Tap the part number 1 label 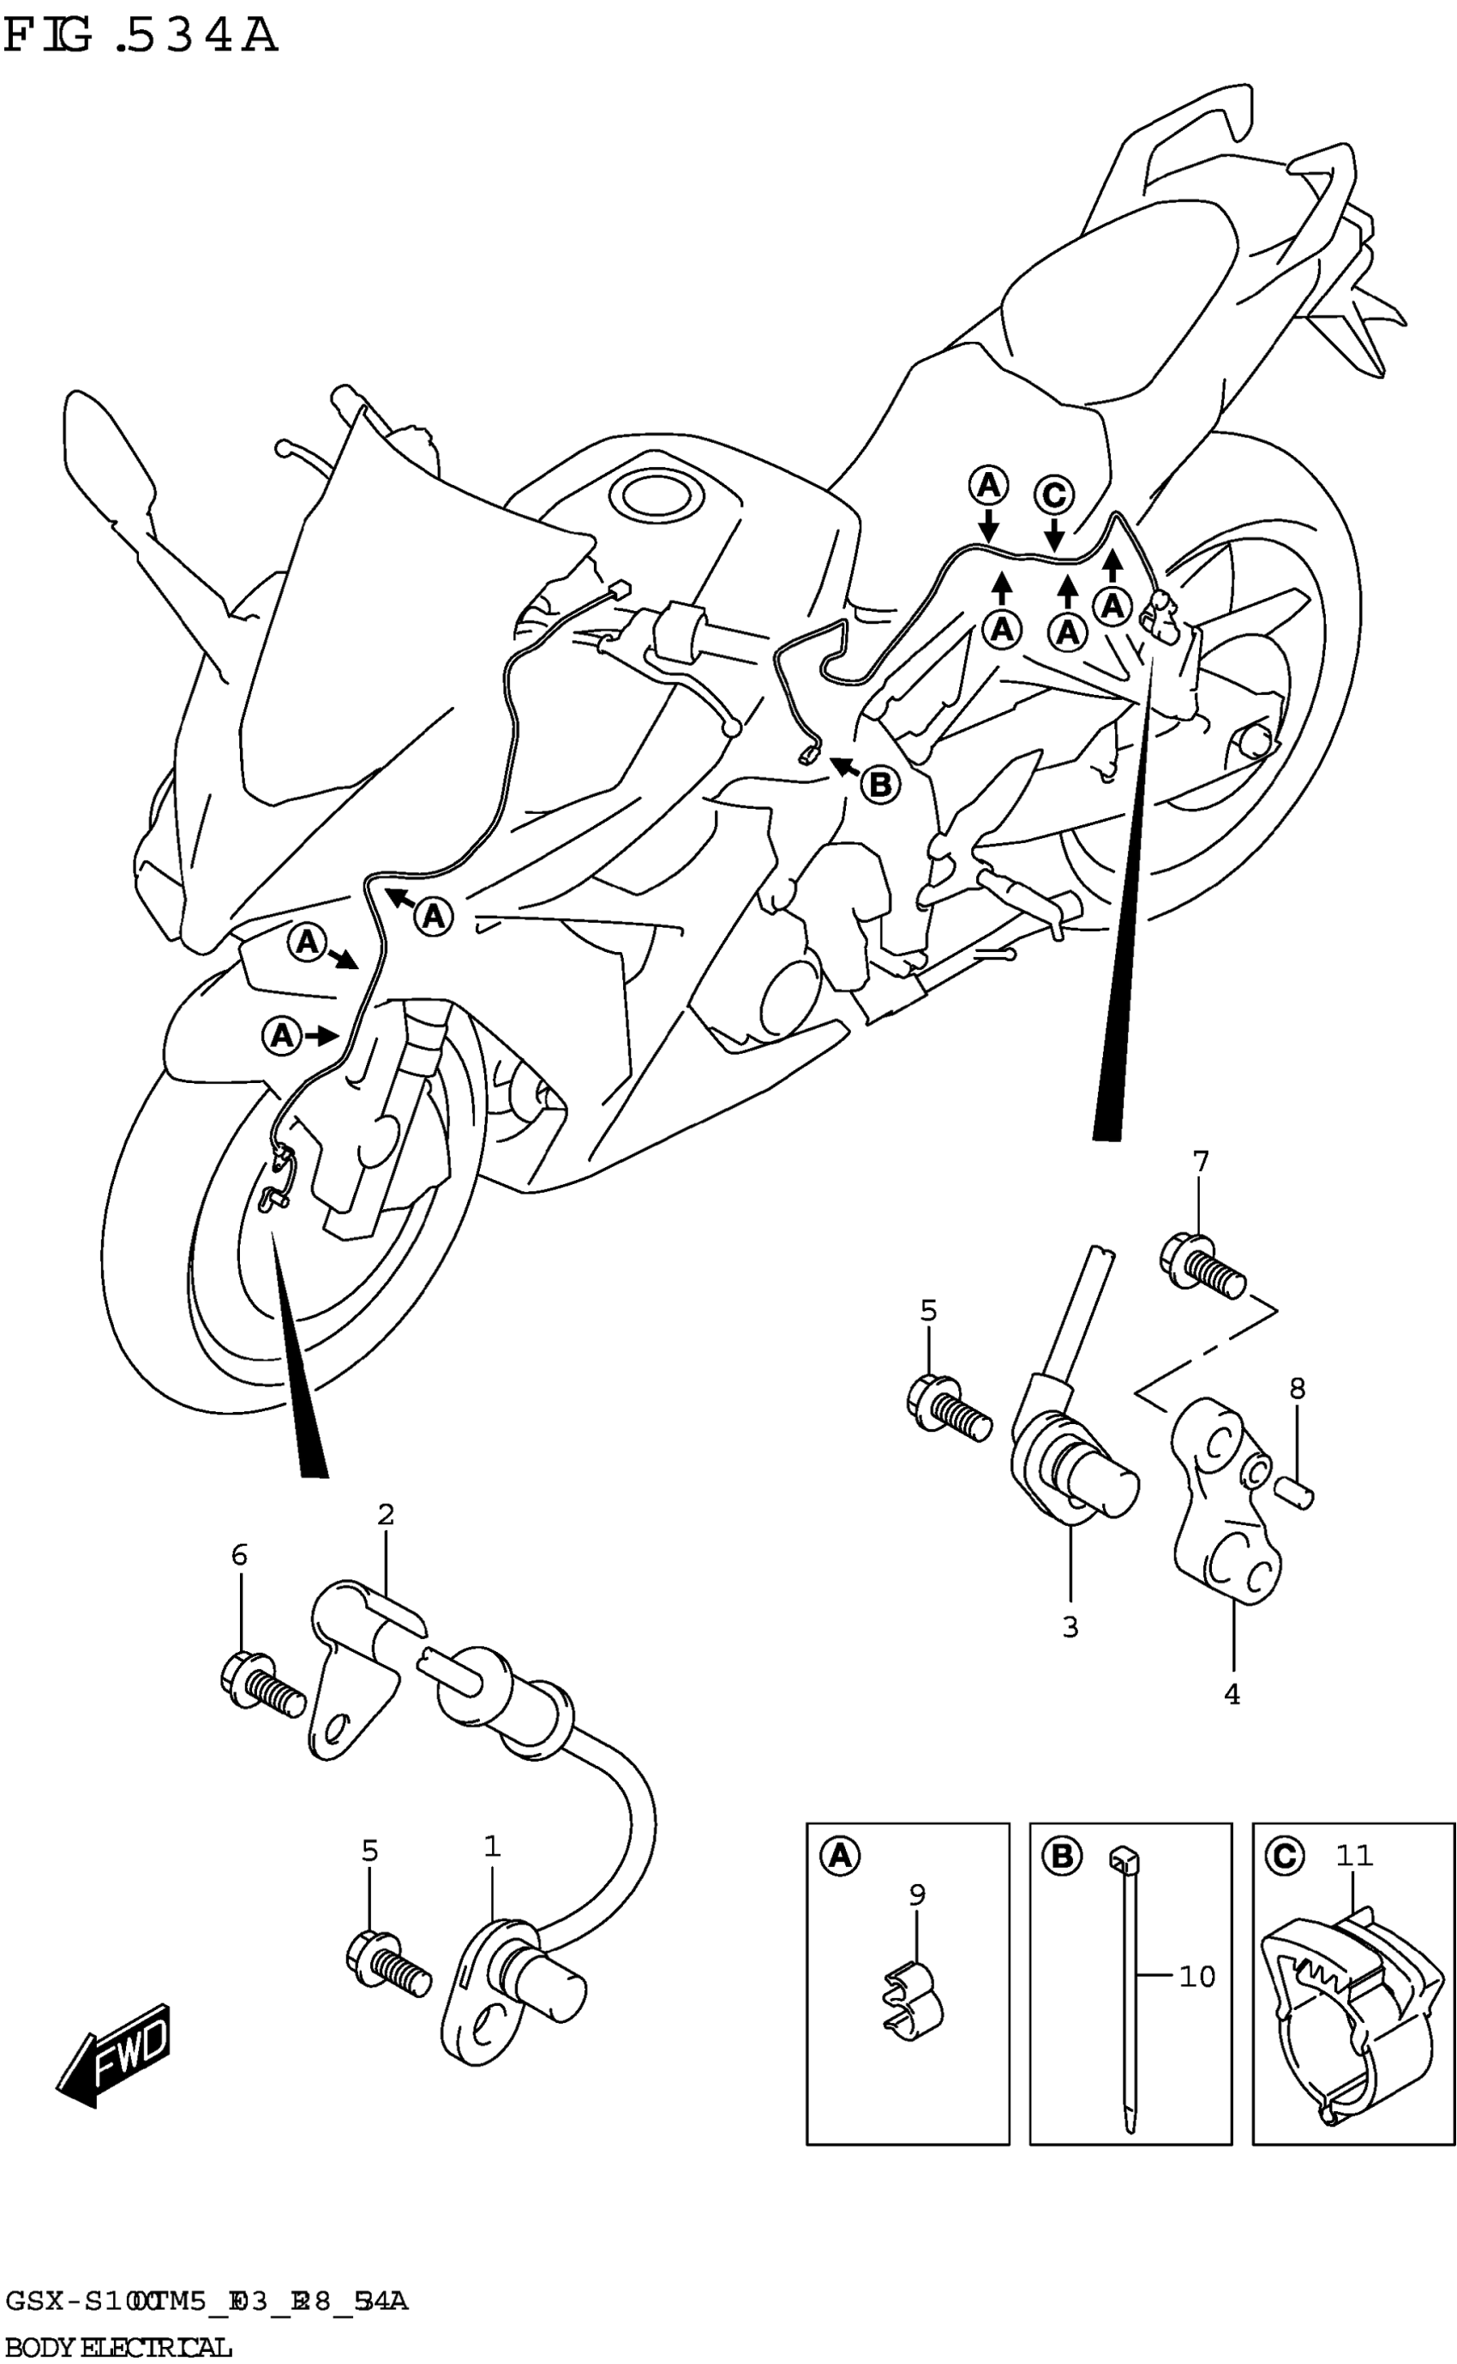[491, 1846]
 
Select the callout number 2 [386, 1514]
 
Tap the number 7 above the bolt [1200, 1163]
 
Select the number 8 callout [1297, 1388]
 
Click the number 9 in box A [916, 1894]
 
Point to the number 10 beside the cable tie [1196, 1977]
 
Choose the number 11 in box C [1354, 1854]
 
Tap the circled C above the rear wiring [1054, 495]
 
